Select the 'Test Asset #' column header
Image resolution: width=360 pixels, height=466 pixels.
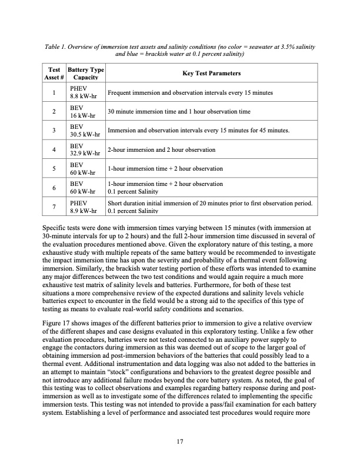pyautogui.click(x=54, y=72)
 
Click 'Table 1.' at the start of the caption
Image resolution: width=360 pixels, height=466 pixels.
pyautogui.click(x=57, y=46)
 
